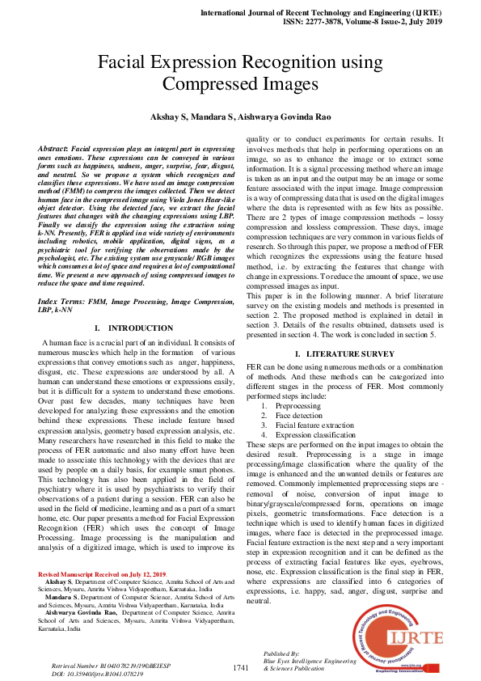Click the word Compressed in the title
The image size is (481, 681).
point(210,84)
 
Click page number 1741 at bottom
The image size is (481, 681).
point(241,667)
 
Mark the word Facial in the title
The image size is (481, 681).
point(129,63)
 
